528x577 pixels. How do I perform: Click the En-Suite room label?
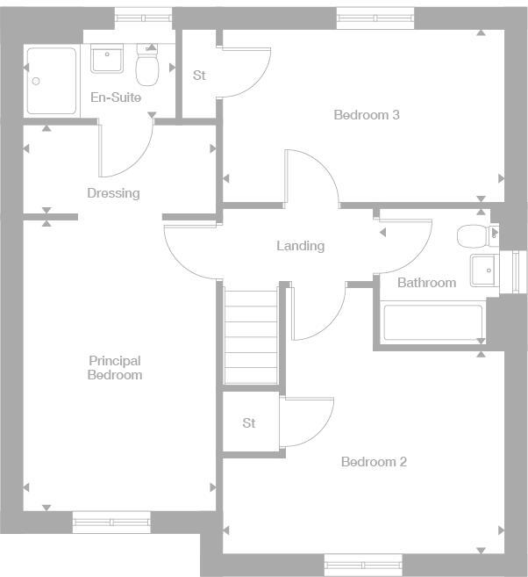coord(116,97)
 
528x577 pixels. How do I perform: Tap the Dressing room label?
coord(113,193)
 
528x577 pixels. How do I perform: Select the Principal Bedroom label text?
coord(115,368)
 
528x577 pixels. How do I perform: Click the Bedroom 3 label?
coord(367,115)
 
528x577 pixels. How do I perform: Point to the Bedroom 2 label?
coord(374,462)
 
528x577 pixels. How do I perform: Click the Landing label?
coord(300,246)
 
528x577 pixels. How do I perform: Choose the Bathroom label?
coord(426,283)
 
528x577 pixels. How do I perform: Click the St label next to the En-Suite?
coord(199,76)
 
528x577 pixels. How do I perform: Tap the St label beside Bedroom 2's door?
coord(249,423)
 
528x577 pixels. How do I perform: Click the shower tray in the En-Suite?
coord(52,81)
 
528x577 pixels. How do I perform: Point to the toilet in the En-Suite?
coord(146,65)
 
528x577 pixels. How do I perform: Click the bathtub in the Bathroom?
coord(432,323)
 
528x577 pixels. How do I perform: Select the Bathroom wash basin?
coord(483,270)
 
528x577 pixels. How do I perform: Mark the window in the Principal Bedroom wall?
coord(111,522)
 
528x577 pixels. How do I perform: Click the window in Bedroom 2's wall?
coord(363,565)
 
